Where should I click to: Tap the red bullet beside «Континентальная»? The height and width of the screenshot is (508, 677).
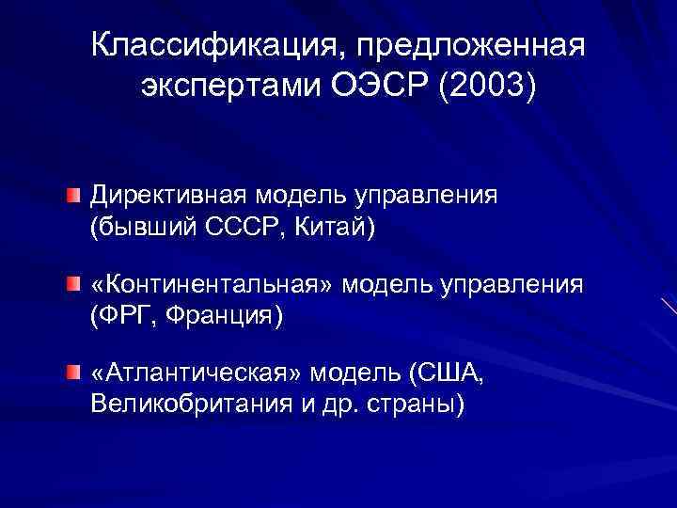tap(72, 284)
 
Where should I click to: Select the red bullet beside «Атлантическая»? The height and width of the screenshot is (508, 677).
tap(72, 374)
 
